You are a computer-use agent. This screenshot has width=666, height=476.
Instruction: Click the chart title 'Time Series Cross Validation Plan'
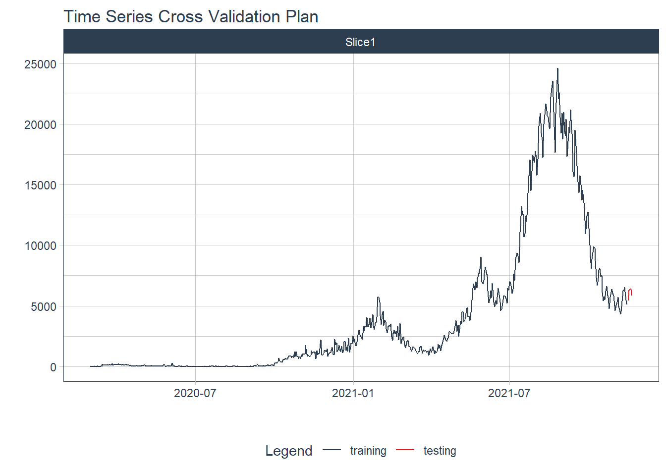(x=191, y=17)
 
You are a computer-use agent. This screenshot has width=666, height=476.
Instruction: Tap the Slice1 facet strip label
(x=360, y=42)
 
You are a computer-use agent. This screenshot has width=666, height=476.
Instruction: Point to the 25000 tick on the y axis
(x=41, y=64)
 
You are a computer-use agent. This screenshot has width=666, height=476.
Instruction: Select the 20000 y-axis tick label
(x=41, y=124)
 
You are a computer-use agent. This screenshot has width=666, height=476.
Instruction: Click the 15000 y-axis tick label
(x=41, y=185)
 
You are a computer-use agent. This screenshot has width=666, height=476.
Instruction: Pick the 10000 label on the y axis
(x=41, y=245)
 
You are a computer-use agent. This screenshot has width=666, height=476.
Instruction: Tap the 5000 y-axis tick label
(x=44, y=306)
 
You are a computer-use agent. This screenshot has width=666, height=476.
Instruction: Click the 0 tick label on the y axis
(x=53, y=367)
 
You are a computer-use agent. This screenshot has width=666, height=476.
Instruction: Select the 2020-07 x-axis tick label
(x=195, y=393)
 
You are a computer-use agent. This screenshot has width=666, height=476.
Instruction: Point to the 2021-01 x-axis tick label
(x=353, y=393)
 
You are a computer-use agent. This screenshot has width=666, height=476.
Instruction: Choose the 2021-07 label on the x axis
(x=509, y=393)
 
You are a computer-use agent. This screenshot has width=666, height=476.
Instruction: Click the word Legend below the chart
(x=289, y=451)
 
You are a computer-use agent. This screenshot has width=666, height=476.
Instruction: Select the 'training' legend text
(x=368, y=451)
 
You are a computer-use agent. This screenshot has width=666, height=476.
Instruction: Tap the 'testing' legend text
(x=440, y=451)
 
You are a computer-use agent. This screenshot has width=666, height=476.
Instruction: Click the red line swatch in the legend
(x=405, y=450)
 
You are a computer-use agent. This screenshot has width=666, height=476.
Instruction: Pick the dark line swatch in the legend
(x=332, y=450)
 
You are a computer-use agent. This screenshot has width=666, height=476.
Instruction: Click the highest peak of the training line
(x=557, y=69)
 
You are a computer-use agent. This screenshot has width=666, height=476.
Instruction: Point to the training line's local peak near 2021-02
(x=378, y=297)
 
